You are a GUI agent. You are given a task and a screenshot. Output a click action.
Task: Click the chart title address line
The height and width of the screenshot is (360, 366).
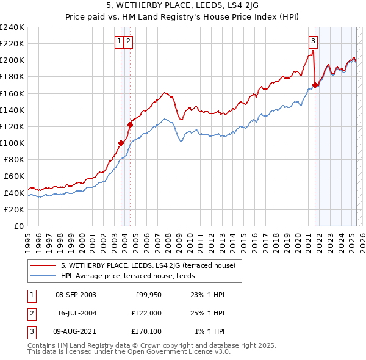(182, 7)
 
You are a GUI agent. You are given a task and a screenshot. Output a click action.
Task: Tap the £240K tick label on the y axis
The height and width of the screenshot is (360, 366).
(12, 27)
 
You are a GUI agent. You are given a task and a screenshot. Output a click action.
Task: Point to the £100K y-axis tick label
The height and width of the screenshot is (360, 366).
(12, 143)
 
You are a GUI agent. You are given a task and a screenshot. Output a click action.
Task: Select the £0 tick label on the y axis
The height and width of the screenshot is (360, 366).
(18, 226)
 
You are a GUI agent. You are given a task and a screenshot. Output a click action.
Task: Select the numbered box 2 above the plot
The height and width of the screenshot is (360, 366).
(129, 41)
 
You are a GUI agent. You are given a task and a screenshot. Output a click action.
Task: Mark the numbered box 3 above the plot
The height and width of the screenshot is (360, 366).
(313, 41)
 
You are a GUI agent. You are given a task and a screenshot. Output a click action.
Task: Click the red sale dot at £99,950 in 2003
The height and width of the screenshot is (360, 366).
(121, 143)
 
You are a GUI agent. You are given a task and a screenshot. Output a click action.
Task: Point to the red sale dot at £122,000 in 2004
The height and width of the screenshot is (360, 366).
(130, 124)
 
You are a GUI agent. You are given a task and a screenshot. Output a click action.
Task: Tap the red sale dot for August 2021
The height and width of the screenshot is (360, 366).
(315, 85)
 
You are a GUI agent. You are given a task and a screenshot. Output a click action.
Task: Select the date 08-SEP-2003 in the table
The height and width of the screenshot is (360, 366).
(75, 295)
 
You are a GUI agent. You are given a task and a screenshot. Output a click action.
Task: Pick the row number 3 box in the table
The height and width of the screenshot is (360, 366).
(30, 331)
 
